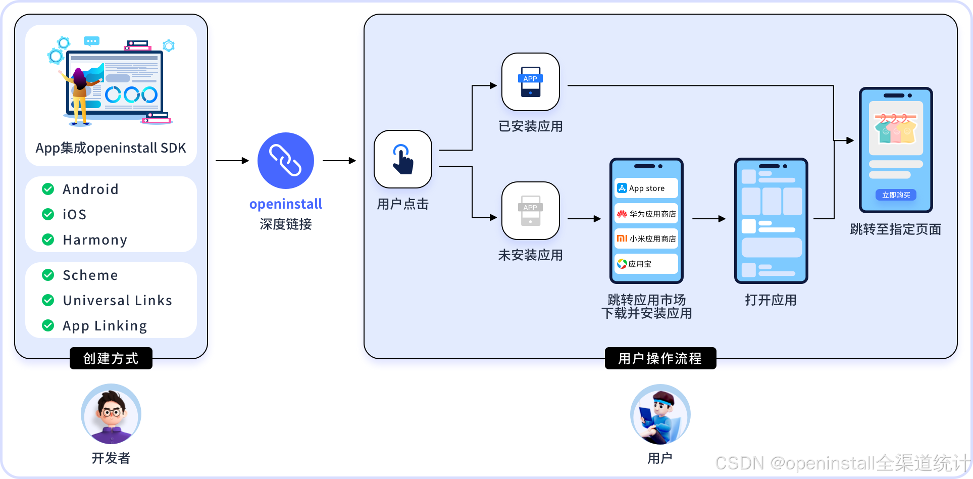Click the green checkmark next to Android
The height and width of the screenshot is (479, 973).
pyautogui.click(x=48, y=189)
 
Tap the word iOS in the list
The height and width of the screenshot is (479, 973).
pyautogui.click(x=74, y=214)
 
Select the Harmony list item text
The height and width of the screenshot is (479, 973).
pyautogui.click(x=94, y=239)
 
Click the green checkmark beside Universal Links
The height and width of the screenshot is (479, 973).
pyautogui.click(x=48, y=300)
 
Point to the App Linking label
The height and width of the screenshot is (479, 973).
pyautogui.click(x=105, y=325)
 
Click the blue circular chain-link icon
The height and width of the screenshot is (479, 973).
pyautogui.click(x=286, y=161)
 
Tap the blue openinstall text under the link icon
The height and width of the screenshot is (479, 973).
pyautogui.click(x=286, y=204)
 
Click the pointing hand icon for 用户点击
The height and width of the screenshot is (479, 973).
pyautogui.click(x=402, y=159)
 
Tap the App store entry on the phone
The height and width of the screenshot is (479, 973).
pyautogui.click(x=646, y=188)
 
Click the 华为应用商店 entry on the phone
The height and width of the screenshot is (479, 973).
pyautogui.click(x=646, y=214)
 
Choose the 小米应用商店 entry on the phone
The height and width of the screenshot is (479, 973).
pyautogui.click(x=646, y=238)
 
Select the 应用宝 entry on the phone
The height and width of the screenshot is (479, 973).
pyautogui.click(x=646, y=264)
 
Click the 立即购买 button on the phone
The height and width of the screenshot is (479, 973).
pyautogui.click(x=896, y=195)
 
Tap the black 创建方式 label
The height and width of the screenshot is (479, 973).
pyautogui.click(x=111, y=358)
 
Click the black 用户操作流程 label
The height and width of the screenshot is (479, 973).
pyautogui.click(x=660, y=358)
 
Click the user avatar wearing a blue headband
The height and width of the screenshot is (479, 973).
pyautogui.click(x=660, y=414)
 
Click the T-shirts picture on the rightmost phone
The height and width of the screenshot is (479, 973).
pyautogui.click(x=895, y=128)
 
